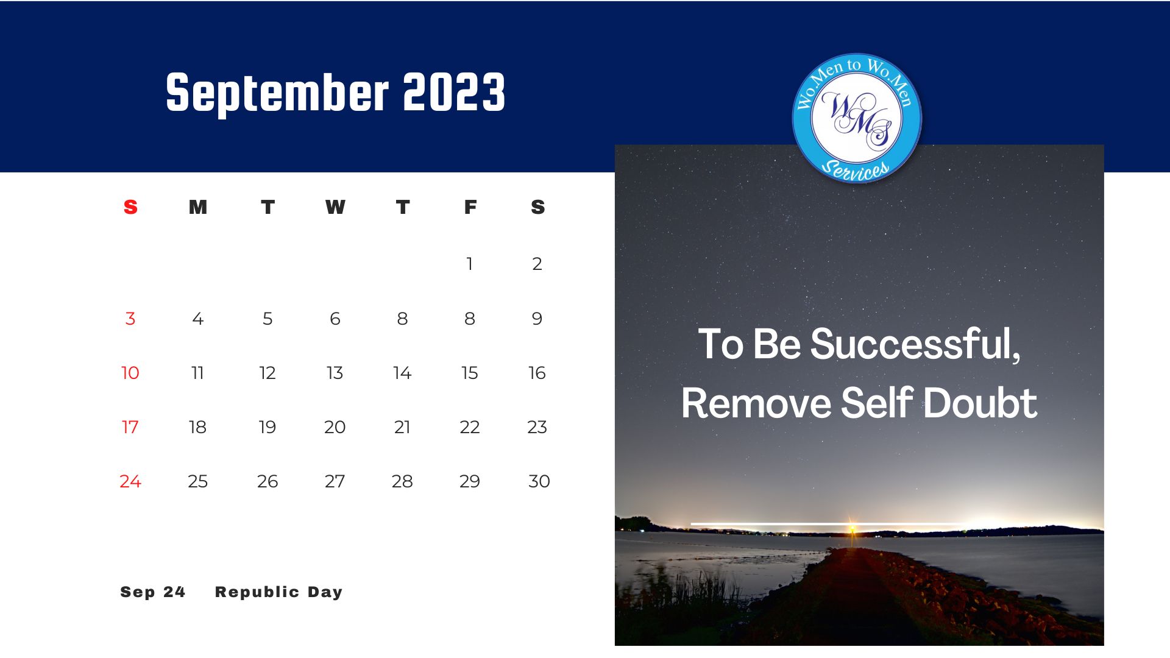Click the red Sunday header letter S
130,207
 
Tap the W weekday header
335,207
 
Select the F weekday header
470,207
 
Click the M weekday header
197,207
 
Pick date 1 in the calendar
469,263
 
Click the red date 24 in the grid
130,481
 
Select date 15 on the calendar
469,373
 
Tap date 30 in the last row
539,481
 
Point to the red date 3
130,319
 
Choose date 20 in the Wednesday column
335,427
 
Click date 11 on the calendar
197,373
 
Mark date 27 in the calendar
335,481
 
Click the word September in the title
277,93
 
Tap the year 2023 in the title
454,92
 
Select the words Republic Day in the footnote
278,592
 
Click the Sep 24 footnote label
153,592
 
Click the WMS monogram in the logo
857,119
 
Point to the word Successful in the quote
915,345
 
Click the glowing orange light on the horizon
852,528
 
